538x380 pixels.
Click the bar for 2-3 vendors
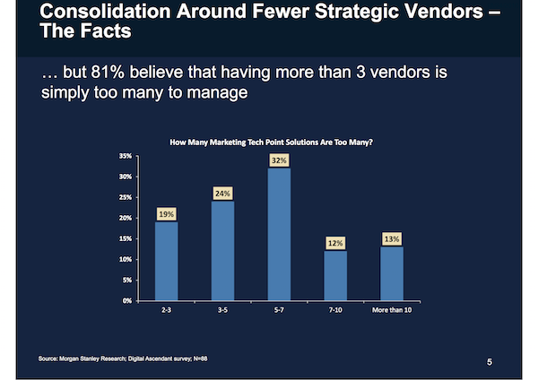pyautogui.click(x=166, y=260)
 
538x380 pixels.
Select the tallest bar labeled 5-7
pyautogui.click(x=279, y=234)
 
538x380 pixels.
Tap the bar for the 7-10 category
pyautogui.click(x=334, y=275)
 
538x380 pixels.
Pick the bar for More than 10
pyautogui.click(x=391, y=272)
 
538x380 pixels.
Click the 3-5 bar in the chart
pyautogui.click(x=222, y=250)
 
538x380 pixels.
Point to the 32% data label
pyautogui.click(x=279, y=160)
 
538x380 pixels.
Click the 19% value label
pyautogui.click(x=166, y=214)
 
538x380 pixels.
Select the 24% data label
pyautogui.click(x=222, y=193)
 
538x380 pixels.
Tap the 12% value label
pyautogui.click(x=334, y=243)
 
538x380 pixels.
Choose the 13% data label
pyautogui.click(x=391, y=238)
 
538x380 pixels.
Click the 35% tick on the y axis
pyautogui.click(x=126, y=156)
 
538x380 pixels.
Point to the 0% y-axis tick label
pyautogui.click(x=127, y=300)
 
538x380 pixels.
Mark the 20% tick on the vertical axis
pyautogui.click(x=126, y=218)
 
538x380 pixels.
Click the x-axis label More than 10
pyautogui.click(x=391, y=311)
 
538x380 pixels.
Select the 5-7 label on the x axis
pyautogui.click(x=279, y=311)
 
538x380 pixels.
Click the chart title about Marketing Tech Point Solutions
pyautogui.click(x=271, y=142)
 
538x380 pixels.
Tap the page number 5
pyautogui.click(x=490, y=361)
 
